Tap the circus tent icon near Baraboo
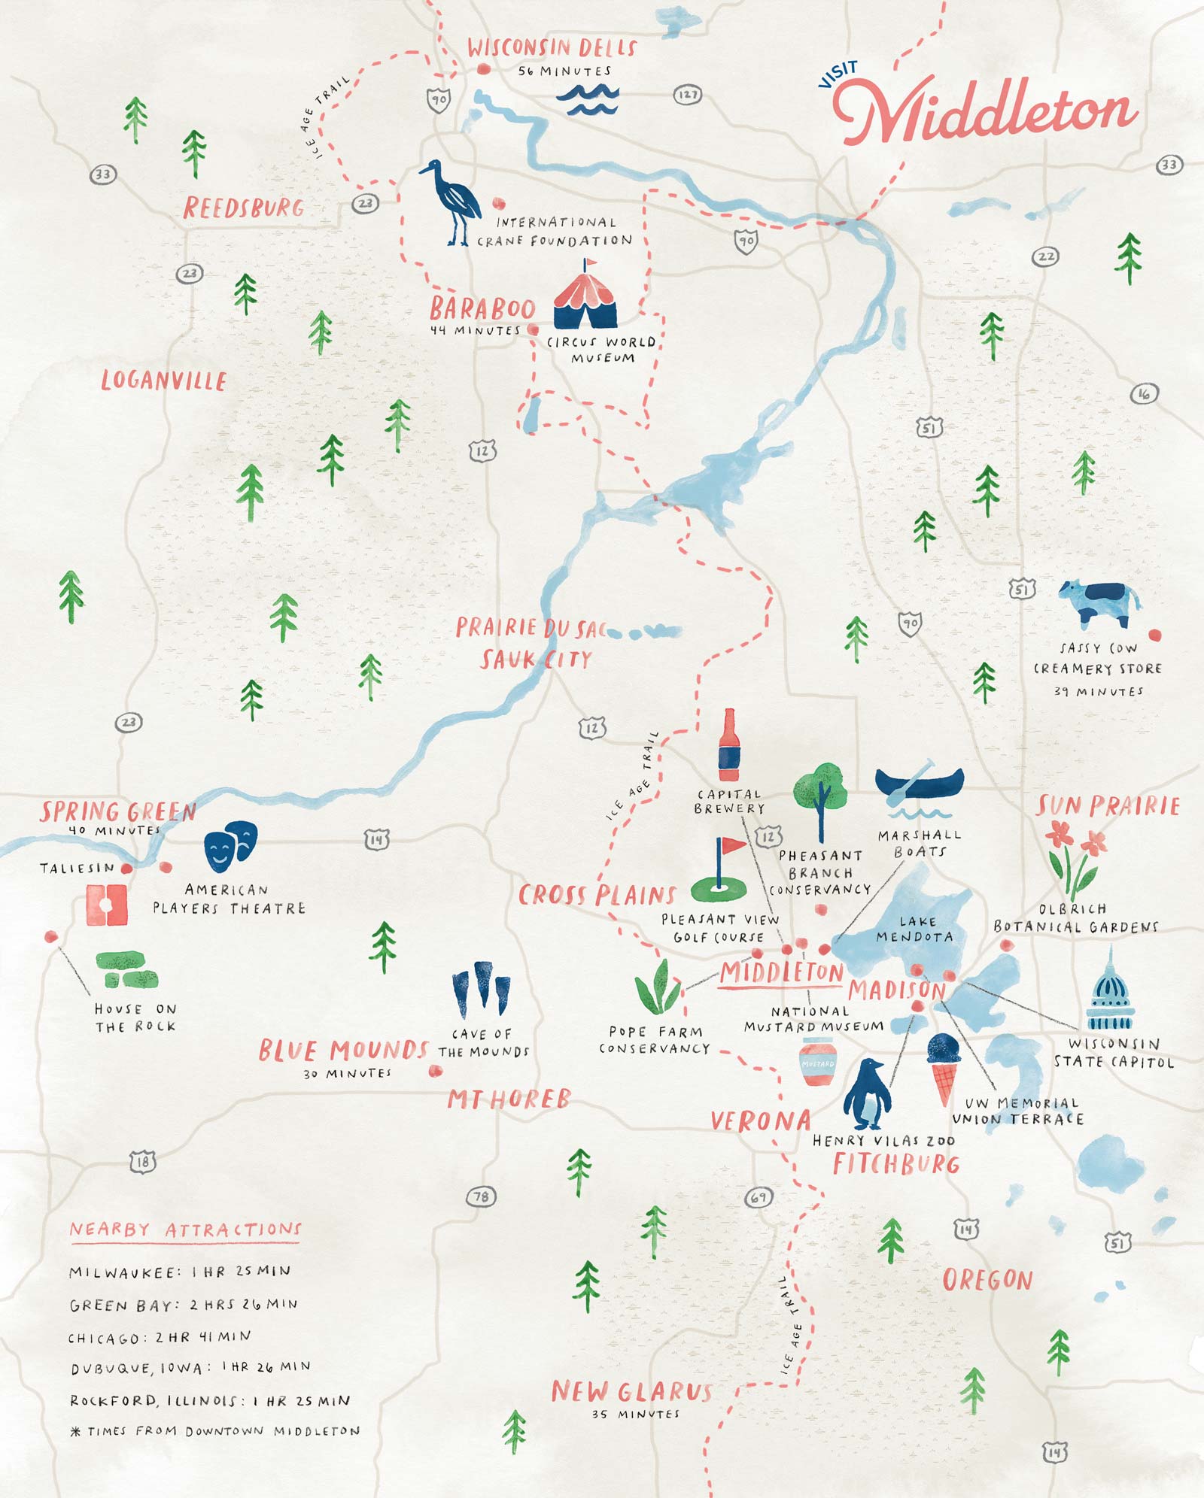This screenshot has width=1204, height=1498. [585, 296]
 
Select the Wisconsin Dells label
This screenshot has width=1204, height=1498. [552, 48]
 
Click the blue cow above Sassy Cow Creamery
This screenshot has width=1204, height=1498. [1098, 603]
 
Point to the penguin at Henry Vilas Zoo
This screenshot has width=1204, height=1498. [868, 1094]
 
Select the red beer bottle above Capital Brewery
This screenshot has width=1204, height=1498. [728, 745]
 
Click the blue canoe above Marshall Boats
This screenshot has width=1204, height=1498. [919, 784]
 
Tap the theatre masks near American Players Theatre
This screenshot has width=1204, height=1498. [230, 846]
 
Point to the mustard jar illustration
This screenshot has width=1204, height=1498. [818, 1062]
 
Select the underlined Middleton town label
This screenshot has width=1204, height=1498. [781, 973]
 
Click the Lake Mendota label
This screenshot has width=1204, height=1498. [916, 929]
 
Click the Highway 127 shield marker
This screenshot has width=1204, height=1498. [687, 95]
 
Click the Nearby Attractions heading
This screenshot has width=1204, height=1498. [185, 1230]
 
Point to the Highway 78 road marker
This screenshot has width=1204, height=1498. [481, 1196]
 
